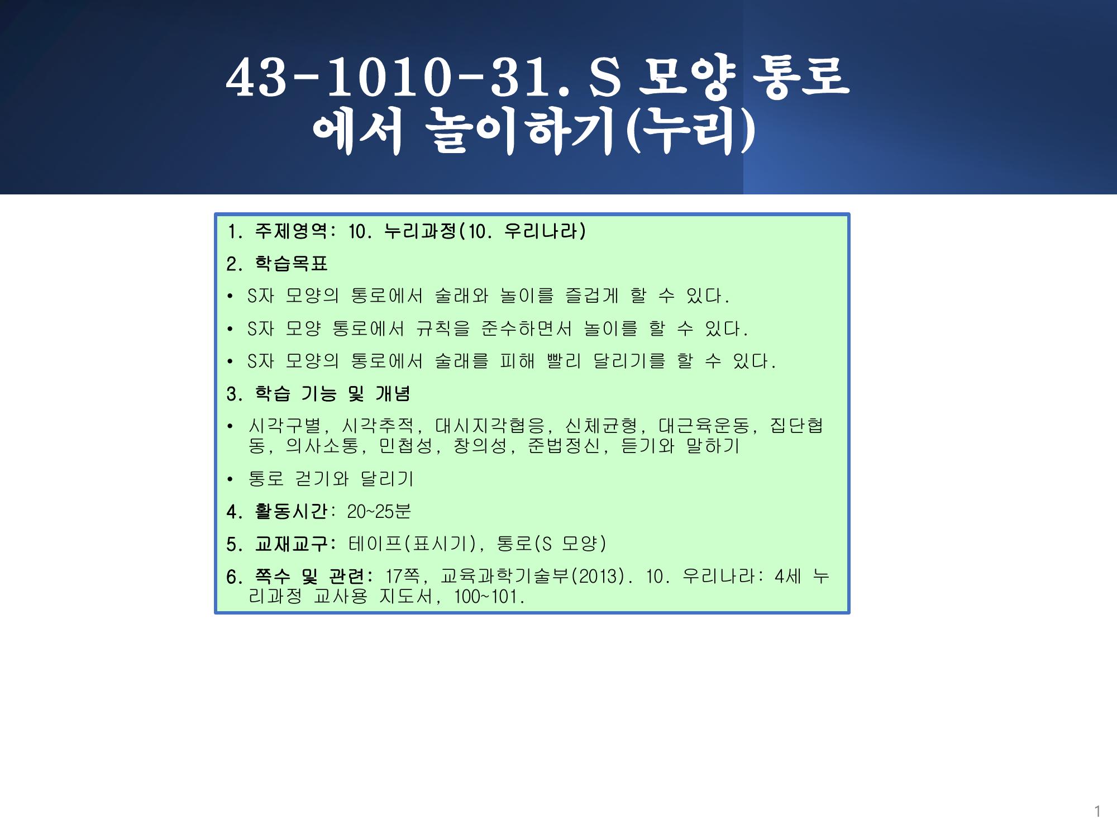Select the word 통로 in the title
click(801, 77)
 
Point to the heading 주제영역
click(290, 231)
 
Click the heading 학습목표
click(291, 264)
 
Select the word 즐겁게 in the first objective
click(592, 296)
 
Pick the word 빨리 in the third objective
click(564, 361)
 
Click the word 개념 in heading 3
click(393, 394)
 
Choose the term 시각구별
click(284, 426)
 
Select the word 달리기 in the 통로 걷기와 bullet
click(387, 479)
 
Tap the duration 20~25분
click(379, 511)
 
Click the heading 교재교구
click(291, 544)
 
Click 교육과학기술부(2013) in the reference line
click(532, 576)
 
